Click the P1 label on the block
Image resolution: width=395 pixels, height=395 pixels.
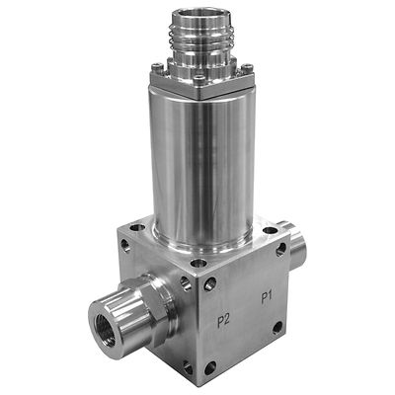tap(267, 296)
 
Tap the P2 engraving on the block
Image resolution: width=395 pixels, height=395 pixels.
tap(225, 319)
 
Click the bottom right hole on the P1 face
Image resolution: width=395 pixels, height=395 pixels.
tap(277, 326)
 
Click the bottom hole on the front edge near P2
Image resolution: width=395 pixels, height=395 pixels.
tap(209, 367)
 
